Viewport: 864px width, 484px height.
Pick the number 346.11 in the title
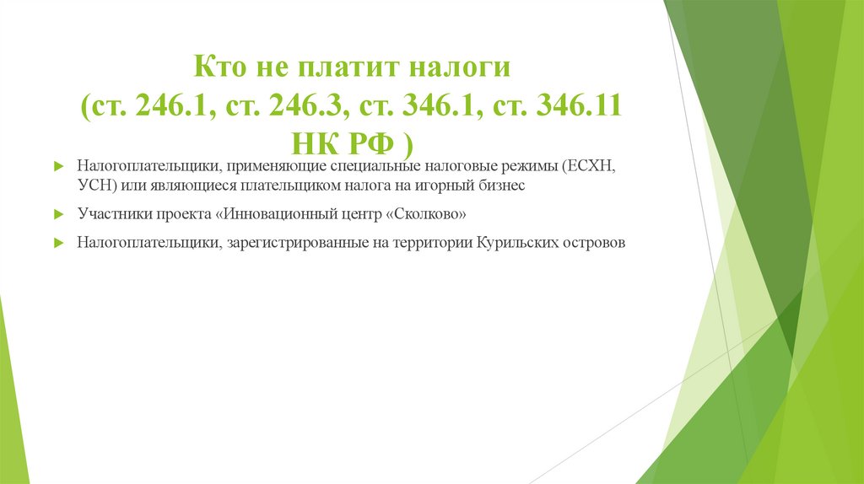[x=581, y=107]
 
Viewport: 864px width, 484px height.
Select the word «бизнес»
[x=500, y=186]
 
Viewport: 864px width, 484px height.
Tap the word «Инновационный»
[x=270, y=214]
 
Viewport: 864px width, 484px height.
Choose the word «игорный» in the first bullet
[x=443, y=186]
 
